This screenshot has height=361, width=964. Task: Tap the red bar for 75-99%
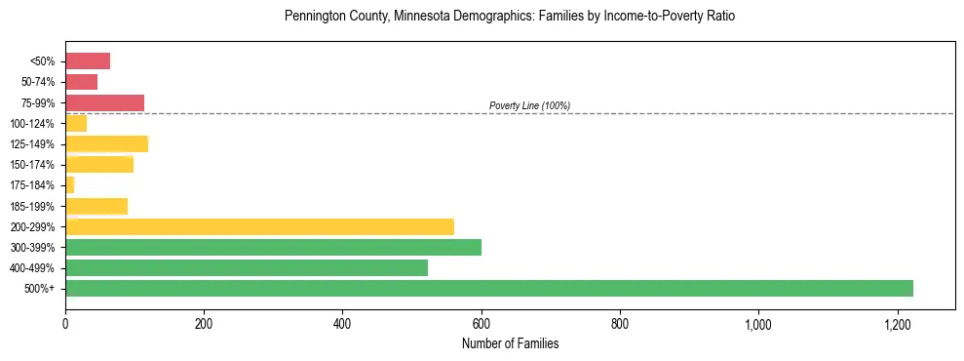click(x=104, y=102)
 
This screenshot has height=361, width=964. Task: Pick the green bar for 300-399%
click(x=273, y=247)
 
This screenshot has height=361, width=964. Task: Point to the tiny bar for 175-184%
click(x=70, y=185)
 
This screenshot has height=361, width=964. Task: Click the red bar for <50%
click(x=88, y=61)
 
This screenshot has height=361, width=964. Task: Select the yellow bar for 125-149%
click(x=106, y=144)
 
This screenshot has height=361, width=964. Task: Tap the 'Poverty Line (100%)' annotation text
click(x=529, y=105)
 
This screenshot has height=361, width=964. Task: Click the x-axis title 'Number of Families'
click(x=510, y=343)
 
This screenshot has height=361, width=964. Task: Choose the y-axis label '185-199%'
click(x=37, y=206)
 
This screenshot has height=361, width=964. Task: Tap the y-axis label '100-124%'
click(x=37, y=124)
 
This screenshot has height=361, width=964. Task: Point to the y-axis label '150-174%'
click(x=37, y=165)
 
